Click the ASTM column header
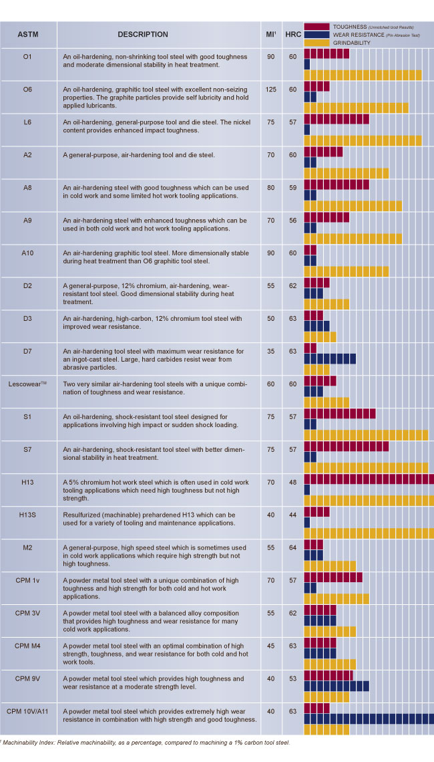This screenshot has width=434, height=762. pos(27,34)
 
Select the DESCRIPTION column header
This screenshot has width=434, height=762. pos(143,34)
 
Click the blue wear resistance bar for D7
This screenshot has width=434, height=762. pos(330,359)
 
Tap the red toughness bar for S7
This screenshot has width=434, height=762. pos(346,447)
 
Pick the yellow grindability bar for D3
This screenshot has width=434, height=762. pos(320,337)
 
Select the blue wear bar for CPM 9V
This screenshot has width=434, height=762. pos(337,686)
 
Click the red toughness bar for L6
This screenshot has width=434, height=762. pos(337,119)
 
